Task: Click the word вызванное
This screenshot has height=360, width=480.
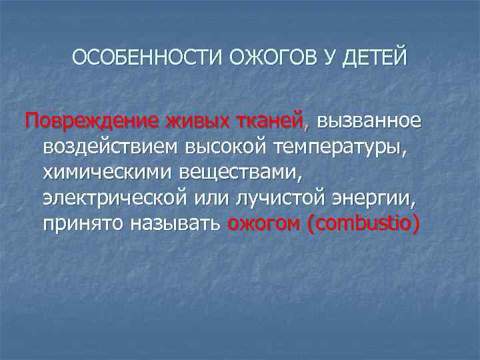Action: click(369, 122)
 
